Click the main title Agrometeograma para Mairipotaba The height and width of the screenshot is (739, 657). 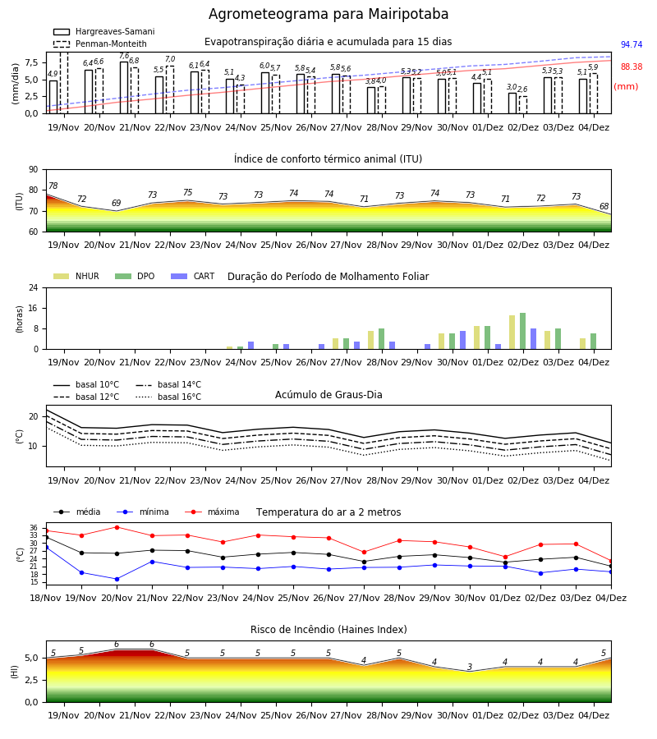[x=328, y=14]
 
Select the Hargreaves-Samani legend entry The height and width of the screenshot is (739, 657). [x=103, y=31]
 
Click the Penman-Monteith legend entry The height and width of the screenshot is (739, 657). [x=100, y=44]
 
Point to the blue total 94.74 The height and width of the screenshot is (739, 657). [x=632, y=45]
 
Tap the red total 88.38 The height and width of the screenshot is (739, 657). [x=632, y=67]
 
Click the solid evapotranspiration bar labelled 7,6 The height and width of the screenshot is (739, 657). [x=124, y=88]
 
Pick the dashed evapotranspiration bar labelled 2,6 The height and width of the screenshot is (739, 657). [x=523, y=104]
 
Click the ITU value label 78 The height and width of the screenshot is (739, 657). [x=53, y=186]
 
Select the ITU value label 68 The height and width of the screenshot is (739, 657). [x=604, y=206]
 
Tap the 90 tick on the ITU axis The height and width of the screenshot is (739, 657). [x=34, y=170]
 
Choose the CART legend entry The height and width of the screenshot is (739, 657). [x=193, y=276]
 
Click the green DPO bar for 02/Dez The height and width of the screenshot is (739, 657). [x=522, y=331]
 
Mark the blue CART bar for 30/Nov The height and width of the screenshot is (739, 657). [x=463, y=340]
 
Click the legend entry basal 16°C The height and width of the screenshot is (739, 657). [x=168, y=397]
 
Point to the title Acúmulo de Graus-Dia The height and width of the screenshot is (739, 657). [x=328, y=394]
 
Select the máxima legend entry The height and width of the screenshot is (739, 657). [x=213, y=512]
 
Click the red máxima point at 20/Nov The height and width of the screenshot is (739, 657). [x=117, y=527]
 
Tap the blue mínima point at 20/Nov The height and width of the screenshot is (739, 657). [x=117, y=579]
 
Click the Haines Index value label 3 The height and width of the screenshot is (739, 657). [x=470, y=667]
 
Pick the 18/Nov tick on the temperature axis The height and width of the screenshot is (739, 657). [x=46, y=598]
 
